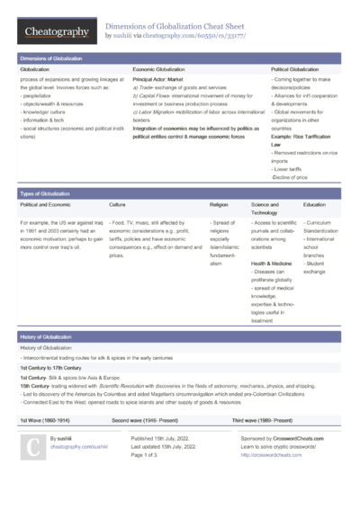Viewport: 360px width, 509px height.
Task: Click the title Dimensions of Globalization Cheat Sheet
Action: pos(177,26)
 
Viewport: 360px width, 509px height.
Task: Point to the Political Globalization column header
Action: pos(295,68)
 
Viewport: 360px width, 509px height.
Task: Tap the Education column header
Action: pos(314,205)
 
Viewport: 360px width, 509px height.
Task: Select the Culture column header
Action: pos(117,205)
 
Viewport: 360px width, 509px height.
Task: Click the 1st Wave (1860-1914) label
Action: pos(46,420)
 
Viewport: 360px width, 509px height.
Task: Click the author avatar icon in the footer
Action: pos(31,447)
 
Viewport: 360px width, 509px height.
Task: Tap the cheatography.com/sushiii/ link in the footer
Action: pos(78,446)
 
